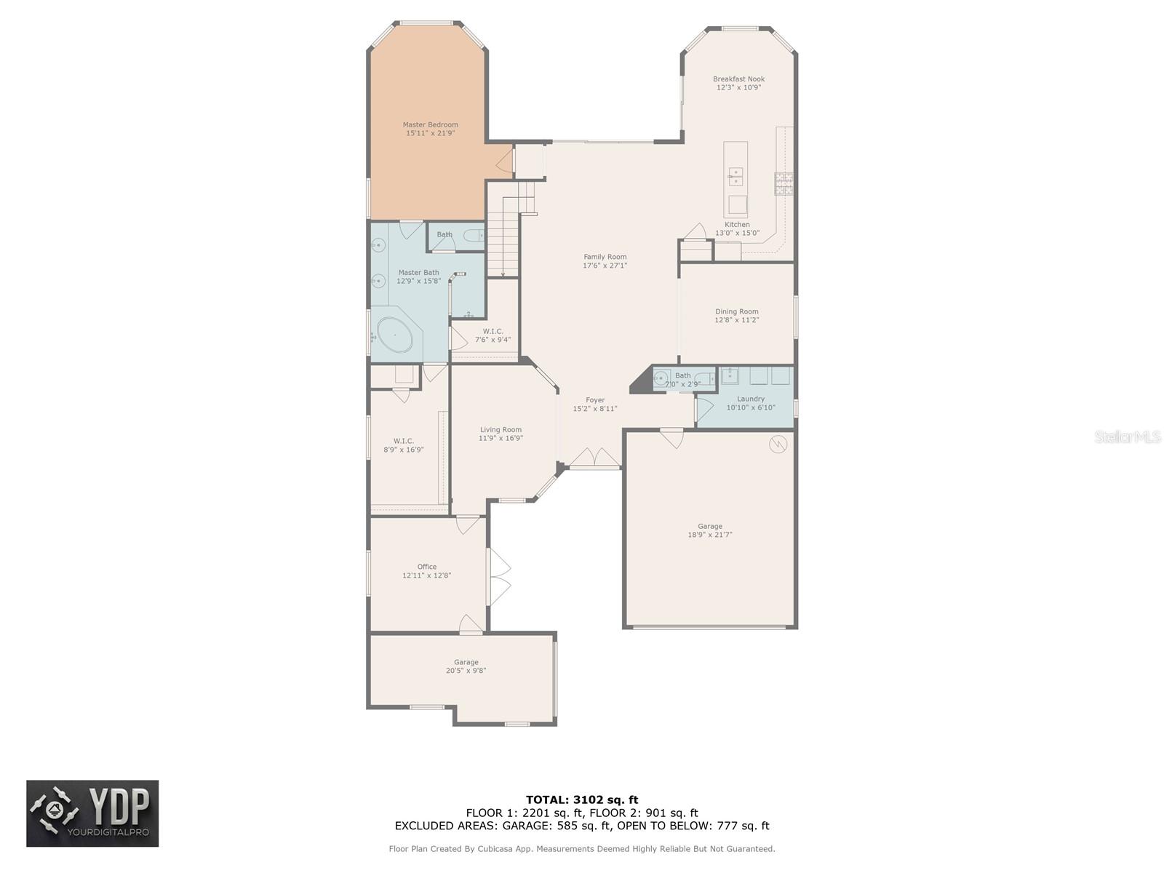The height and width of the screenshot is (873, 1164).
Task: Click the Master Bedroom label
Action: [429, 124]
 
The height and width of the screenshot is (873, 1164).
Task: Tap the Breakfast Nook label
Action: [738, 79]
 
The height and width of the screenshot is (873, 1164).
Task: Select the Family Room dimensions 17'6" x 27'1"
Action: [605, 266]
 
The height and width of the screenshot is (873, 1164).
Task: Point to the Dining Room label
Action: [736, 311]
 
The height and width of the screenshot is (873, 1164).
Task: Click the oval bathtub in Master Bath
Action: [394, 335]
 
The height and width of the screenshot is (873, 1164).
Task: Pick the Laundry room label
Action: [750, 399]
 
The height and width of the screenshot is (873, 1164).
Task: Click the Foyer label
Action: [595, 400]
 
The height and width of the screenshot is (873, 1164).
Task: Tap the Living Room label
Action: [501, 430]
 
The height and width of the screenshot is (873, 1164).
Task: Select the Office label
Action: [426, 567]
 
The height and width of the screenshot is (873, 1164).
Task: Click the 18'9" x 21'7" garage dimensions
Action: [709, 535]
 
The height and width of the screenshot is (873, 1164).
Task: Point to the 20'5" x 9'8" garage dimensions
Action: [466, 671]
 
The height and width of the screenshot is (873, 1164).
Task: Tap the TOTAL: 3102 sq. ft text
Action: [582, 800]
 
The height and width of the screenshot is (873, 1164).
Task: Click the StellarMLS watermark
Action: [1128, 436]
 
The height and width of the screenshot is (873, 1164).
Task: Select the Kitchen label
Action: [736, 225]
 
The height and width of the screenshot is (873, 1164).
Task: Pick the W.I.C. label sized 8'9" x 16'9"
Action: [404, 441]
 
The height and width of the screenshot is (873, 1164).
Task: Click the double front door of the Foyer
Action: [594, 458]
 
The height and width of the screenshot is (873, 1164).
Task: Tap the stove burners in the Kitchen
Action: [784, 183]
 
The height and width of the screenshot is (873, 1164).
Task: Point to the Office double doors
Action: [499, 577]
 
